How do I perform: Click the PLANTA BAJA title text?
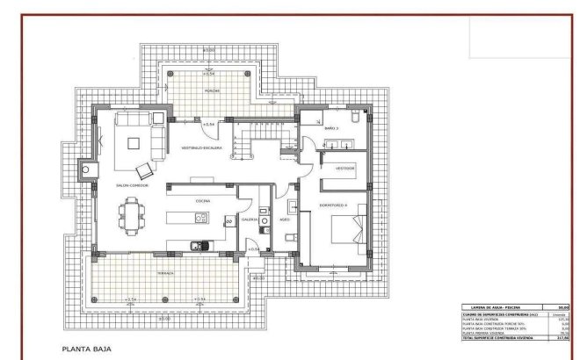84,349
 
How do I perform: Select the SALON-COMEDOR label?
132,185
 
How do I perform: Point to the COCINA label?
202,201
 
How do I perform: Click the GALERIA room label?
250,219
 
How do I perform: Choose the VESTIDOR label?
345,167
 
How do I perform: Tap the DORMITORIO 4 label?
333,205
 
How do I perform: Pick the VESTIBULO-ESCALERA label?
201,149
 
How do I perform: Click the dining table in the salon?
134,216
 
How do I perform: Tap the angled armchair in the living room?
145,169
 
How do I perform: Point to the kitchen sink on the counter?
200,244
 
